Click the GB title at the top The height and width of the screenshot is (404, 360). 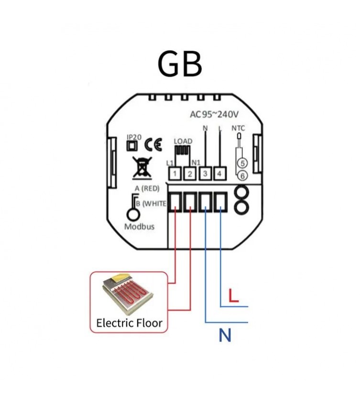click(180, 64)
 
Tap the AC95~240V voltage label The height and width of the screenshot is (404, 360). click(214, 114)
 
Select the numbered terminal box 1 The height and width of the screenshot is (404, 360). click(175, 174)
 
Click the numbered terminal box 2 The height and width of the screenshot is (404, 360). click(190, 174)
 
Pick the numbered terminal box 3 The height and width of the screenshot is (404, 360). click(205, 174)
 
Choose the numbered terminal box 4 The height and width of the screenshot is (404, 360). click(219, 174)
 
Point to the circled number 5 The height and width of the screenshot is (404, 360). click(242, 163)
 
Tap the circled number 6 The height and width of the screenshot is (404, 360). click(242, 176)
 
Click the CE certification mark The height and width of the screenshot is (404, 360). click(153, 144)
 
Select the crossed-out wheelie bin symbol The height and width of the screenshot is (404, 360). click(142, 168)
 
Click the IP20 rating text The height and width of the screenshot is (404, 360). click(134, 137)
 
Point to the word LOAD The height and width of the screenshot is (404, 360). click(183, 142)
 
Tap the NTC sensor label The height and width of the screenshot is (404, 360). click(238, 128)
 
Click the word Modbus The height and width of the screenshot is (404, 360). click(140, 227)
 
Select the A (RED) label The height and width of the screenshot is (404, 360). click(147, 188)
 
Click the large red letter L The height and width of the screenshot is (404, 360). click(234, 296)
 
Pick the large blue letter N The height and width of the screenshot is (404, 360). click(225, 336)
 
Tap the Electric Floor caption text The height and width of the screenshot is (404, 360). click(130, 323)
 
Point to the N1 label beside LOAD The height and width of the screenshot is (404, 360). click(196, 163)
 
